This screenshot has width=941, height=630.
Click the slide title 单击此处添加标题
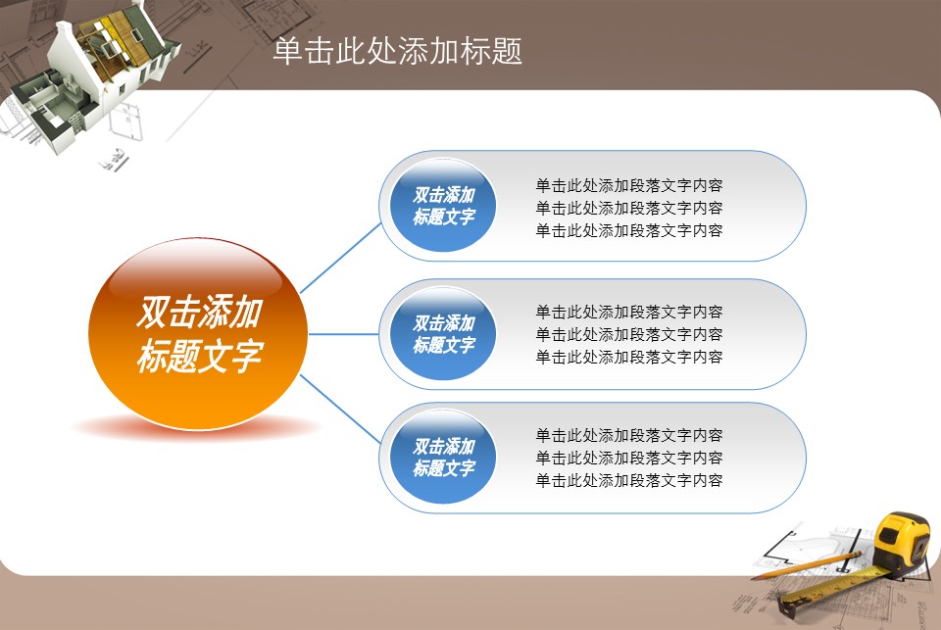tap(397, 50)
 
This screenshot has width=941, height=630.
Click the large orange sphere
tap(198, 333)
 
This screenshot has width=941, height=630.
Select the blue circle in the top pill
tap(443, 205)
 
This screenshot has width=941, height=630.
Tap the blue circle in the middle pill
tap(443, 333)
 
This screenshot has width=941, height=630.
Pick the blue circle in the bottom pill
tap(443, 457)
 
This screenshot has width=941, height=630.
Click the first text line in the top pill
tap(629, 185)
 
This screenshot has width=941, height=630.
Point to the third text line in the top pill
tap(629, 230)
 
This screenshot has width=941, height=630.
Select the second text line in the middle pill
tap(629, 334)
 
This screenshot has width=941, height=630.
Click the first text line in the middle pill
tap(629, 312)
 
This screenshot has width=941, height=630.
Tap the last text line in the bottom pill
tap(629, 480)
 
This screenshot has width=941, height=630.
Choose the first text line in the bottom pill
tap(629, 435)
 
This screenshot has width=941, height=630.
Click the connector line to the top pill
tap(340, 258)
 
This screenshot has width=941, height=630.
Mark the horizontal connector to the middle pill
tap(343, 334)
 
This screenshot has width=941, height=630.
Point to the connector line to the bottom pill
tap(340, 410)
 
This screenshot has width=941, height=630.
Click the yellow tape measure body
tap(902, 542)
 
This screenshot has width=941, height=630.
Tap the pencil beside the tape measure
tap(807, 565)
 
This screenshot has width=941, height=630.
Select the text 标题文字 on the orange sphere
tap(200, 356)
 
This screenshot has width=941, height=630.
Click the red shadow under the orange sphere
tap(197, 427)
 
